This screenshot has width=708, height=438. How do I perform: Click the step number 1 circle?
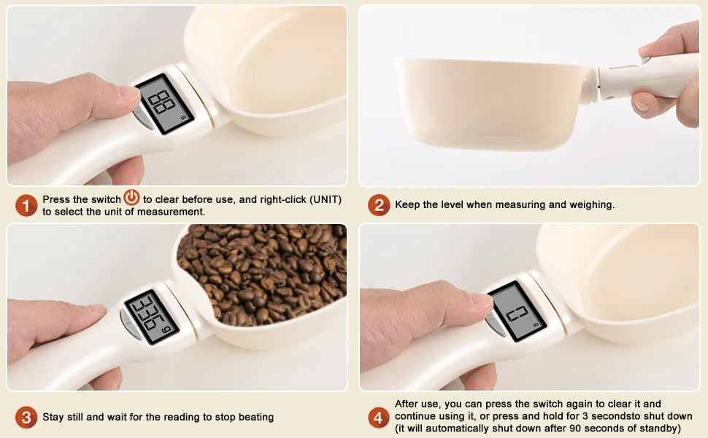[26, 205]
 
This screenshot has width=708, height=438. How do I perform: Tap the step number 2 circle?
[378, 205]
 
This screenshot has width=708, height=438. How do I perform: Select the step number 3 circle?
[26, 418]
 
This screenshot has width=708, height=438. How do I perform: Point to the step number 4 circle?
[378, 418]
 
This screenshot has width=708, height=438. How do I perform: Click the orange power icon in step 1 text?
[132, 198]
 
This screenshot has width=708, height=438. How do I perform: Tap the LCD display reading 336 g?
[152, 317]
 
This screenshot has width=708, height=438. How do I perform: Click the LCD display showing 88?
[164, 104]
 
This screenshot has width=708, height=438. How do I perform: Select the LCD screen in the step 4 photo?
[517, 312]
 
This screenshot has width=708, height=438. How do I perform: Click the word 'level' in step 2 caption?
[452, 204]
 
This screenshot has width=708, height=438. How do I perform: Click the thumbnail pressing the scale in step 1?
[129, 93]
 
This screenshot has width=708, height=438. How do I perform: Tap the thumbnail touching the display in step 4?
[481, 300]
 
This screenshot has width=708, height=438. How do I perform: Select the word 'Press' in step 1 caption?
[57, 199]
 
